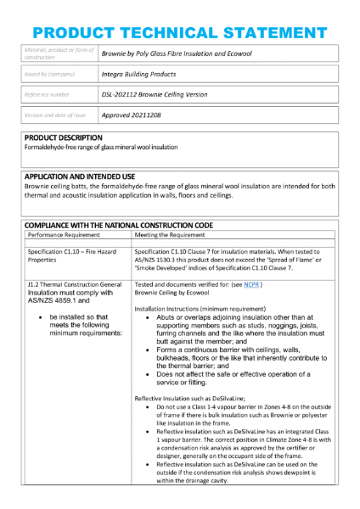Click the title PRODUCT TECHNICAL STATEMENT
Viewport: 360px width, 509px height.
(179, 33)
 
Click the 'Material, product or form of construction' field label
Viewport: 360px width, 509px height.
(56, 53)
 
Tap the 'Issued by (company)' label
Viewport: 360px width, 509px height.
(52, 73)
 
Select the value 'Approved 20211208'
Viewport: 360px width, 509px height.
(131, 114)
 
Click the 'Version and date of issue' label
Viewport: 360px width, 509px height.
(55, 114)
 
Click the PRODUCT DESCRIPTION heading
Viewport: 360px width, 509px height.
(63, 137)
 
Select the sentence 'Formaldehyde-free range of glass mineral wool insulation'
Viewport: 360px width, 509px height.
(101, 147)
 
